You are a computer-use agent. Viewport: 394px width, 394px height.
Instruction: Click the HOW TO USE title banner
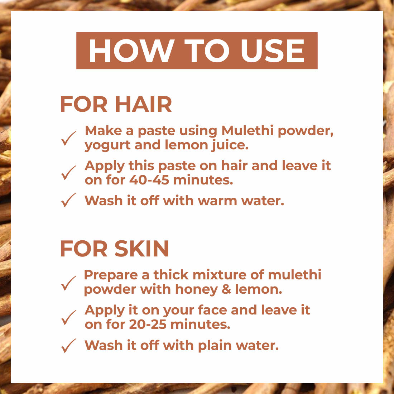[x=197, y=51]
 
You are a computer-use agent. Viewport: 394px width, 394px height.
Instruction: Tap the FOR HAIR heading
[x=116, y=104]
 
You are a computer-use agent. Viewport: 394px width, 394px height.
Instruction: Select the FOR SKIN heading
[x=114, y=249]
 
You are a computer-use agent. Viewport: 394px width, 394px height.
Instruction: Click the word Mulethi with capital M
[x=248, y=130]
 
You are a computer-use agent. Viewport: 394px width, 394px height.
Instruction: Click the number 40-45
[x=149, y=180]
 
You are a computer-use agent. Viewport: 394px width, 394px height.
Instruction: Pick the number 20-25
[x=148, y=324]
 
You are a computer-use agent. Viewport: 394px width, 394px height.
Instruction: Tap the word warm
[x=217, y=201]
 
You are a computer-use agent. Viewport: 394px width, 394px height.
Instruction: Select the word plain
[x=215, y=346]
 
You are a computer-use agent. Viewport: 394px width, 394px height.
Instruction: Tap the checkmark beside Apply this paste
[x=69, y=173]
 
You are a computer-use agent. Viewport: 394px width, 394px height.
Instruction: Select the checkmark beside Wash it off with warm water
[x=69, y=200]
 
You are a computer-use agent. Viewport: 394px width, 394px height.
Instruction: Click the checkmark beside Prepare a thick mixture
[x=69, y=283]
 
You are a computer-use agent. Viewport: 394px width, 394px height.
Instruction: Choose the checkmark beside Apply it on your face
[x=69, y=317]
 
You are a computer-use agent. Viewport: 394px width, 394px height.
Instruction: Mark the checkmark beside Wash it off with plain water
[x=69, y=346]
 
